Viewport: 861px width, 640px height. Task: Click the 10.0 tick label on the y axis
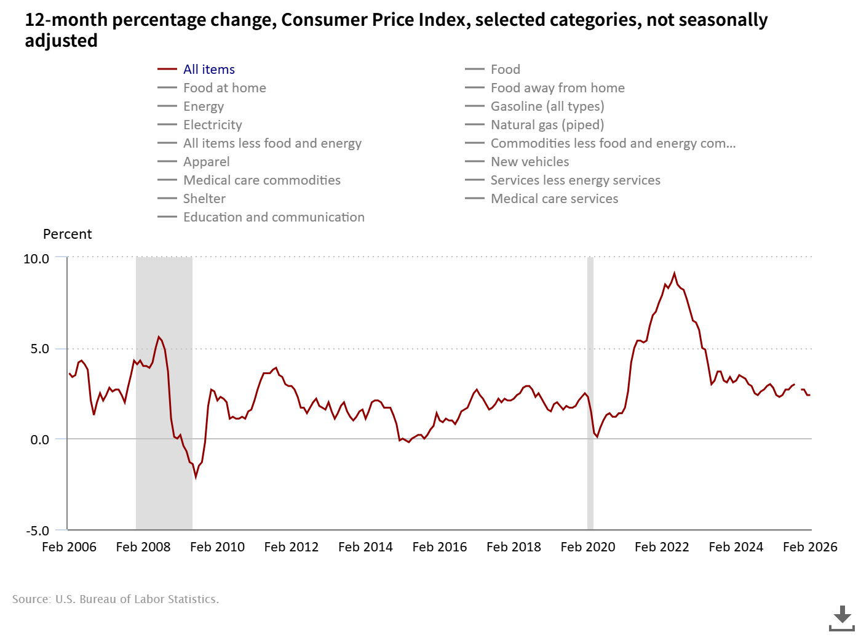36,259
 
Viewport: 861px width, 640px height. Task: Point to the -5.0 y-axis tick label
37,530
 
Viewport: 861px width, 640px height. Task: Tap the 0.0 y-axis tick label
39,440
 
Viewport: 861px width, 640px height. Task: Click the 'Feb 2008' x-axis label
143,547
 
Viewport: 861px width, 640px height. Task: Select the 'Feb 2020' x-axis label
588,547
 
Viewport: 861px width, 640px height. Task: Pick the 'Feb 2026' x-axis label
810,547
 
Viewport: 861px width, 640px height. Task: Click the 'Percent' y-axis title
67,234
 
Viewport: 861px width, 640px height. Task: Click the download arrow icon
842,617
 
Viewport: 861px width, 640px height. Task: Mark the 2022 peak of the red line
674,273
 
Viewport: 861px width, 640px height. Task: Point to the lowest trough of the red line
196,476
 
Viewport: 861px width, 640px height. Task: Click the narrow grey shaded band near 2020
590,394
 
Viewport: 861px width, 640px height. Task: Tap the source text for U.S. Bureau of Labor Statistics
116,599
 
